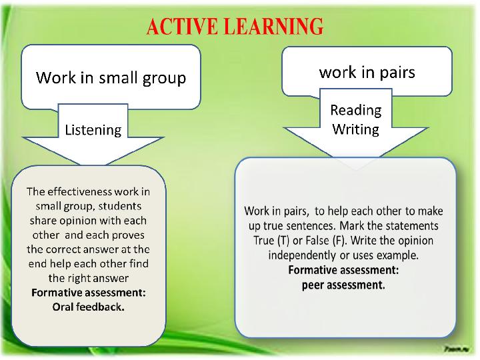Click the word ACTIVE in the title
tap(184, 26)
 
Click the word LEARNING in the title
tap(274, 26)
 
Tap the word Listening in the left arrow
tap(93, 131)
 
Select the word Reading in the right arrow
tap(356, 110)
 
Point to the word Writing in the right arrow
tap(356, 129)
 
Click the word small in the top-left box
tap(118, 77)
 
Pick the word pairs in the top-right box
tap(397, 73)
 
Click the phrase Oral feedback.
tap(89, 307)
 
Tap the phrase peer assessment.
tap(343, 285)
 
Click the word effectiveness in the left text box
tap(79, 191)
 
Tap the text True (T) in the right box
tap(271, 241)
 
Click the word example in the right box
tap(397, 255)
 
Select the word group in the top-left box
tap(164, 79)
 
